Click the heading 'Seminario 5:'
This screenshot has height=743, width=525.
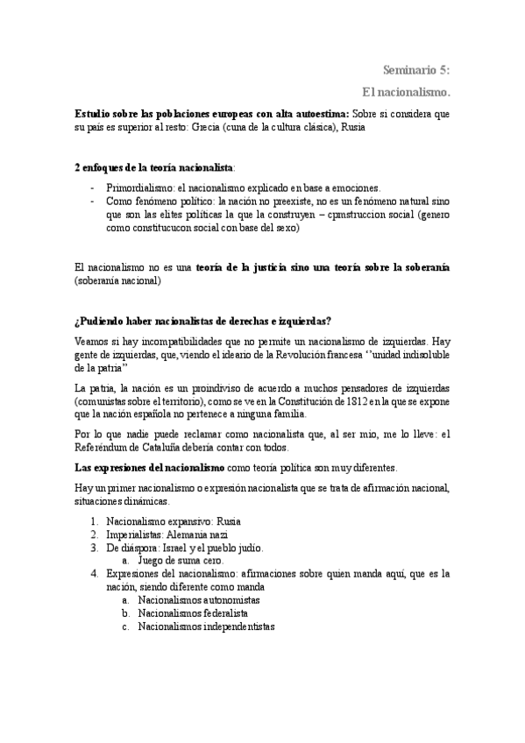(417, 70)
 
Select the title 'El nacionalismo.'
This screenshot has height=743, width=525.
(407, 91)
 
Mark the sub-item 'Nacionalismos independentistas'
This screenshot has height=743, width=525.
(207, 627)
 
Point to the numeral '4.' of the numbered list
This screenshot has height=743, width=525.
(94, 574)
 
